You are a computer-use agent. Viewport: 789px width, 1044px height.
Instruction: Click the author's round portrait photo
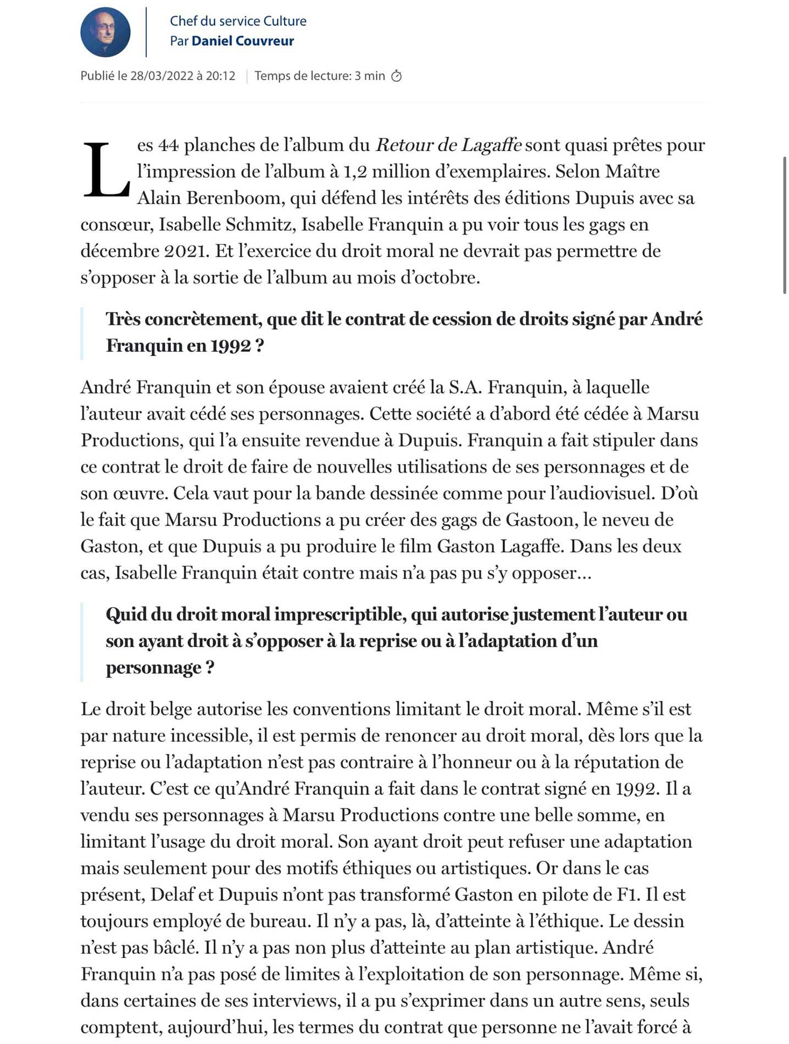(x=105, y=32)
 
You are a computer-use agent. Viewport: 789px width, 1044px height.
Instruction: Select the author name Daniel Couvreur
(x=242, y=41)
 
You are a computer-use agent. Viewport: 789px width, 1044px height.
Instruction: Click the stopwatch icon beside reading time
(x=396, y=76)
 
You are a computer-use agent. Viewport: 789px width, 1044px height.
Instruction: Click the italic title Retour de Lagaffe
(x=448, y=145)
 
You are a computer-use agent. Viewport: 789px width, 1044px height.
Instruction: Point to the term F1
(x=627, y=895)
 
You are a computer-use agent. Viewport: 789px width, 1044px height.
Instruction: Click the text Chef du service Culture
(x=238, y=21)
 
